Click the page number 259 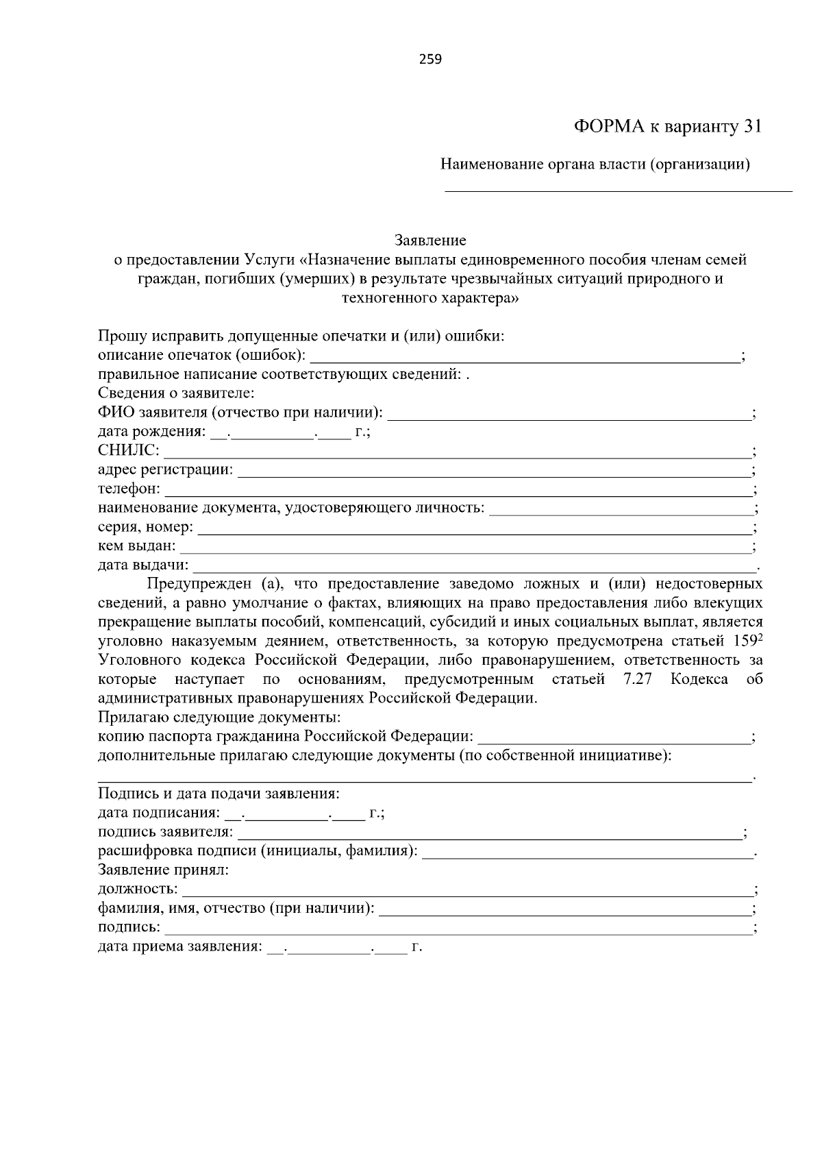430,59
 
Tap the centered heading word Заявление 430,241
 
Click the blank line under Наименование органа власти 618,190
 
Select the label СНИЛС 128,451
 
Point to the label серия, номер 145,528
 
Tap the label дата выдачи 142,565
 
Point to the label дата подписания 159,813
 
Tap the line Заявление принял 163,870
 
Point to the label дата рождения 151,432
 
